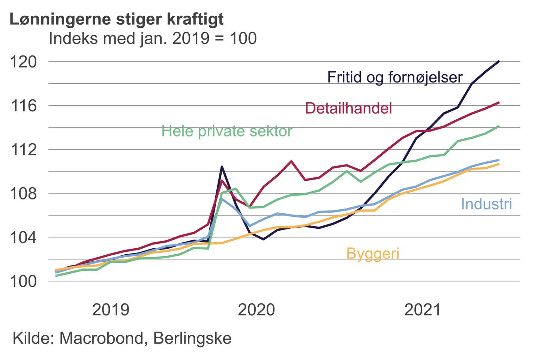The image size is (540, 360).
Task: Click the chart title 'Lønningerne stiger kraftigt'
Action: click(x=116, y=19)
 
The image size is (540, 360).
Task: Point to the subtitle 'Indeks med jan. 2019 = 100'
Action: click(x=153, y=38)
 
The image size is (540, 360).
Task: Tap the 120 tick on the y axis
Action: click(x=24, y=62)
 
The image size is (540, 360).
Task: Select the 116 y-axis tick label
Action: click(x=24, y=106)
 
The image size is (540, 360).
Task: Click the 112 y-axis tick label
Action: click(x=24, y=150)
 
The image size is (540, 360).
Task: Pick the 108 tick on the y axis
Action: click(x=24, y=193)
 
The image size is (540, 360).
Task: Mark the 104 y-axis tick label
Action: click(x=24, y=237)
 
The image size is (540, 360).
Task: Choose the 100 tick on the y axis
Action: click(x=24, y=281)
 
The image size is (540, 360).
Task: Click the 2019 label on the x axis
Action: click(x=111, y=310)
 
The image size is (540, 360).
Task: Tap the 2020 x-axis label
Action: click(x=256, y=310)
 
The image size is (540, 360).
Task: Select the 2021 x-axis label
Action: click(x=423, y=310)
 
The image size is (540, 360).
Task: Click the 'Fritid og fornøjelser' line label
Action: click(x=395, y=77)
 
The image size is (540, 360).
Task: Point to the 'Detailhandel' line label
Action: click(x=348, y=108)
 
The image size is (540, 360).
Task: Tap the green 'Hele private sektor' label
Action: click(x=226, y=131)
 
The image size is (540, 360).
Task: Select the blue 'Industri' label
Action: click(x=486, y=204)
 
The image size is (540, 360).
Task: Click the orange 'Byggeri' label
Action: click(x=373, y=254)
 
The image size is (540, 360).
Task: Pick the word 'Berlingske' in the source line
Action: click(x=192, y=338)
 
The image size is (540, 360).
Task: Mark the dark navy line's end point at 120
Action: click(x=499, y=61)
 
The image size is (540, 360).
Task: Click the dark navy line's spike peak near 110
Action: click(x=222, y=166)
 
